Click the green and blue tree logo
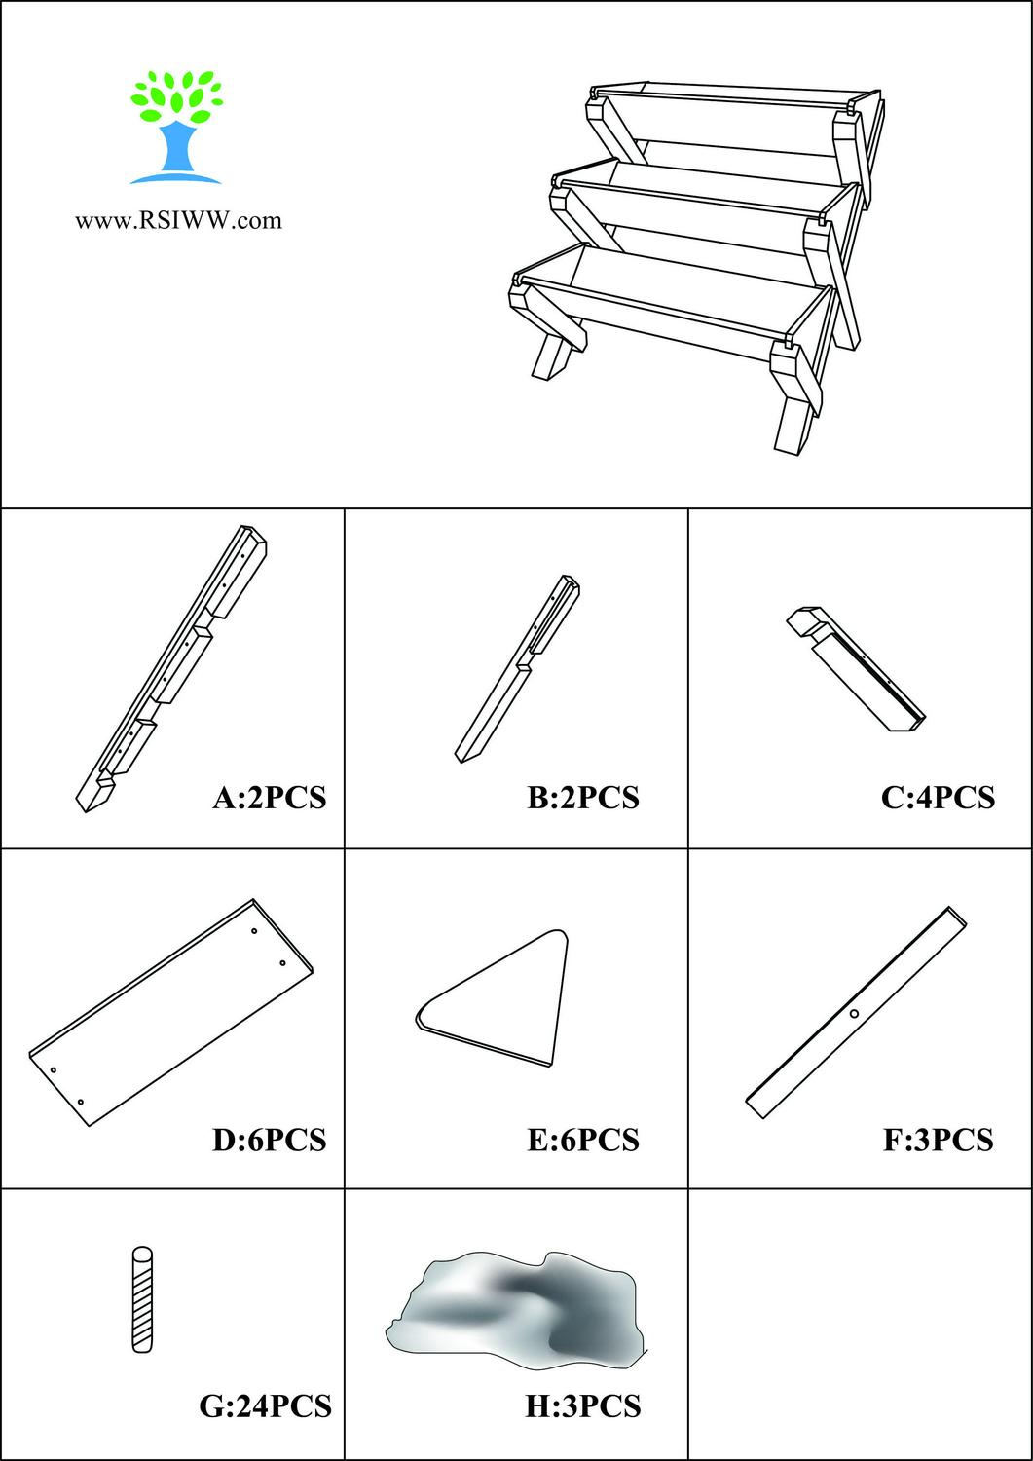click(176, 127)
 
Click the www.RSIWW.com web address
click(179, 220)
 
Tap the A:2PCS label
click(269, 797)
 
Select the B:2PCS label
click(583, 797)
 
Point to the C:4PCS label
click(938, 797)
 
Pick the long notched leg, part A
click(170, 670)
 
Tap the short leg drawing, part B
click(517, 668)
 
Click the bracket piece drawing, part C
click(856, 668)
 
